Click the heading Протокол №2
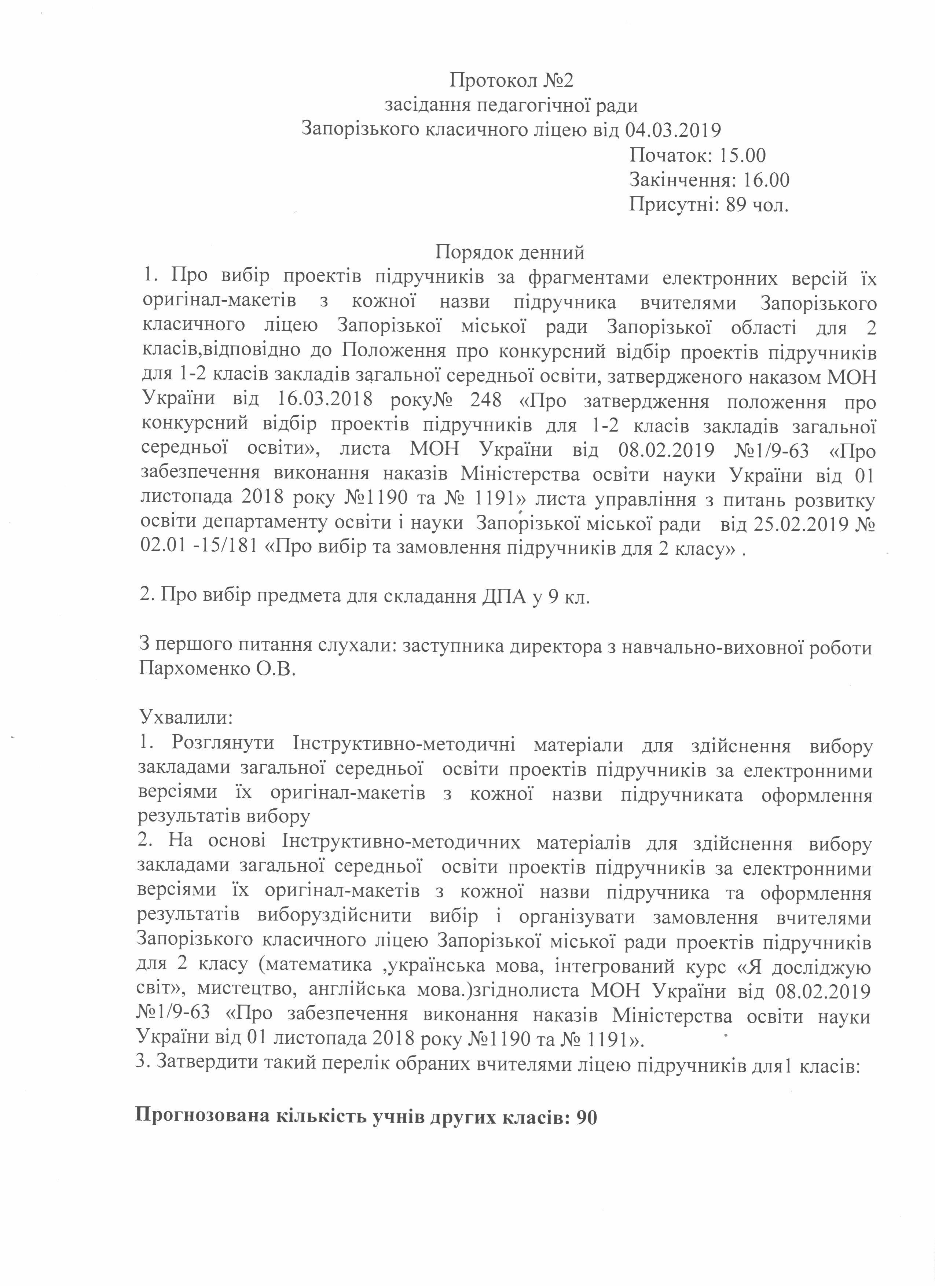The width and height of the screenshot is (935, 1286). click(x=511, y=81)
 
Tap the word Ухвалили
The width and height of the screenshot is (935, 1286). click(x=186, y=717)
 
